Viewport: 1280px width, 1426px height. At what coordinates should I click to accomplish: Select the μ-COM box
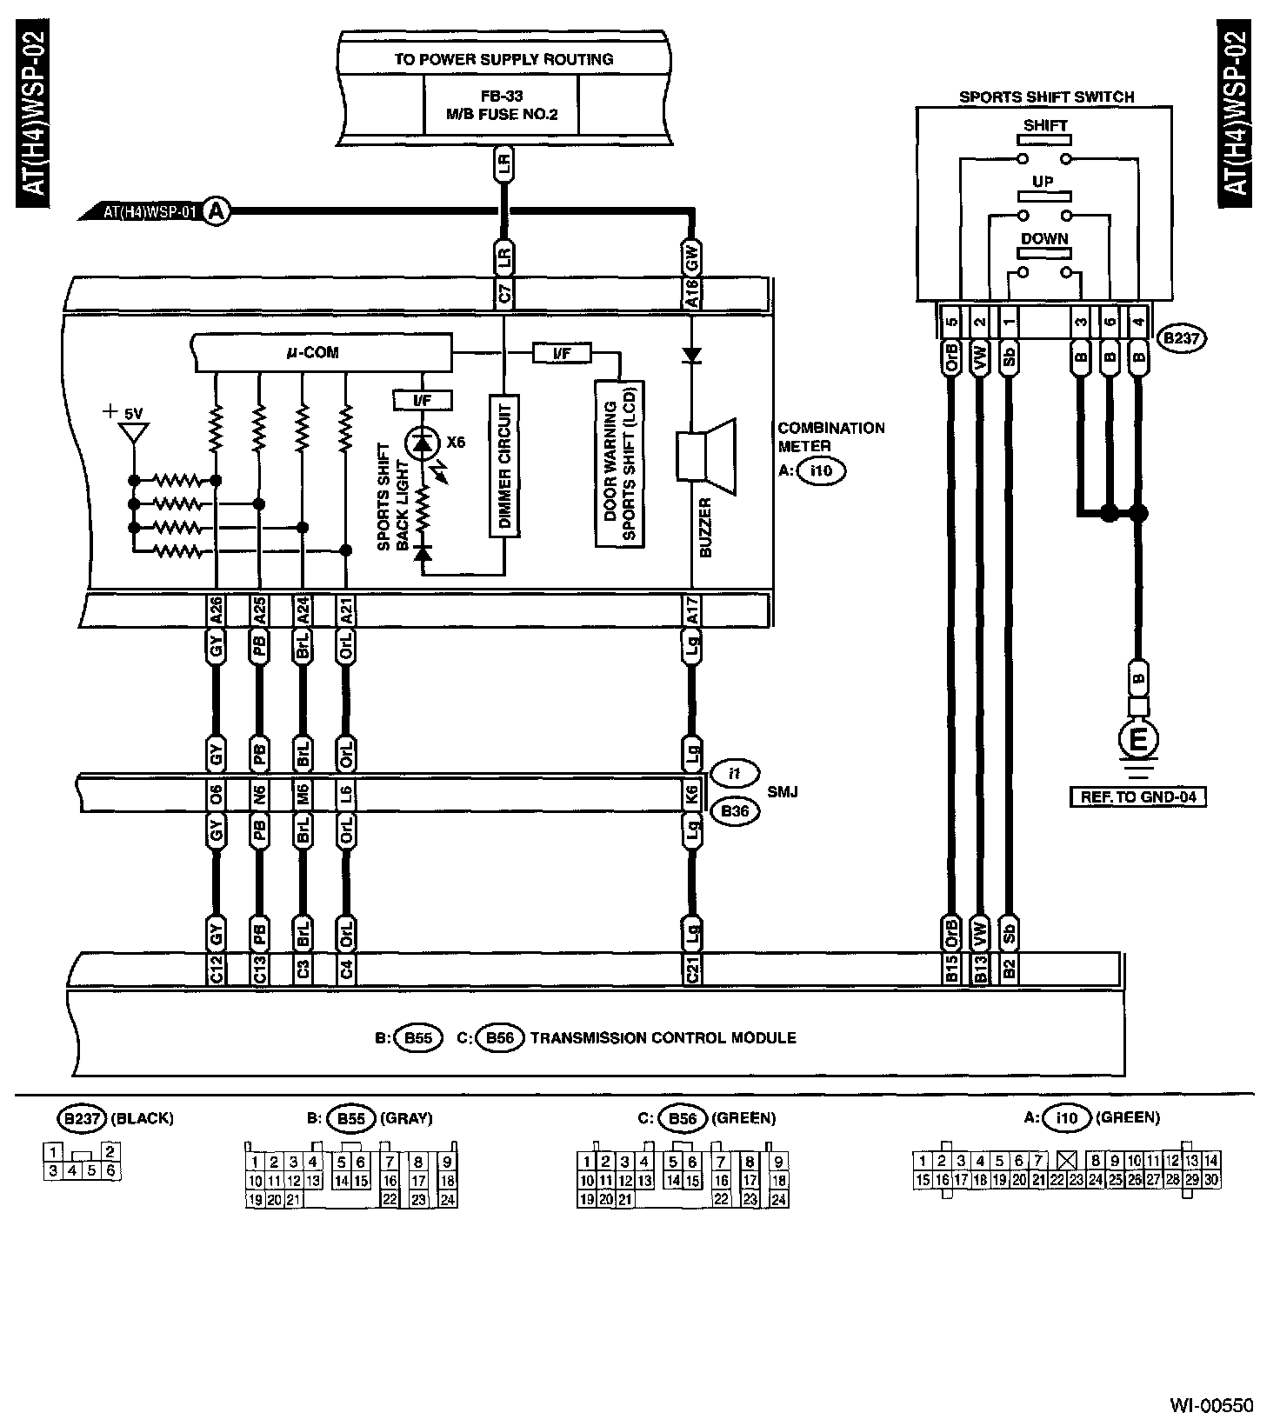[x=323, y=353]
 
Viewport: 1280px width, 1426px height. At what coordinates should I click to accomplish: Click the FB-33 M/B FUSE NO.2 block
[x=501, y=103]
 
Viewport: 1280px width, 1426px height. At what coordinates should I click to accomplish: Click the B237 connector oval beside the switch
[x=1183, y=339]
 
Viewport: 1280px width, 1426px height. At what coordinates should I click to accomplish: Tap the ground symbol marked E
[x=1137, y=741]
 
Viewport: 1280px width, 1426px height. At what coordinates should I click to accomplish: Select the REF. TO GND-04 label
[x=1138, y=796]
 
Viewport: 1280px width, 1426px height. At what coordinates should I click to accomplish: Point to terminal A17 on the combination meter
[x=692, y=611]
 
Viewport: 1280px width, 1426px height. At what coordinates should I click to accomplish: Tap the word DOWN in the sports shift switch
[x=1044, y=238]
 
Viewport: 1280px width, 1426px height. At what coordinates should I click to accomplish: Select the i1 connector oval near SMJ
[x=734, y=773]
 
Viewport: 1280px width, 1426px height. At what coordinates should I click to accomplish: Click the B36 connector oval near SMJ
[x=734, y=812]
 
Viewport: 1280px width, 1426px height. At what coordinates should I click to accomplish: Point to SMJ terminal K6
[x=692, y=793]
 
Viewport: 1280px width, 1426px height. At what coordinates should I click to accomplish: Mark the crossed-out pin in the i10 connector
[x=1067, y=1160]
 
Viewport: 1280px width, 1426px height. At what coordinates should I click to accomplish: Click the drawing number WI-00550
[x=1211, y=1404]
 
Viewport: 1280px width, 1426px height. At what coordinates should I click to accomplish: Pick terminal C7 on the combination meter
[x=504, y=295]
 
